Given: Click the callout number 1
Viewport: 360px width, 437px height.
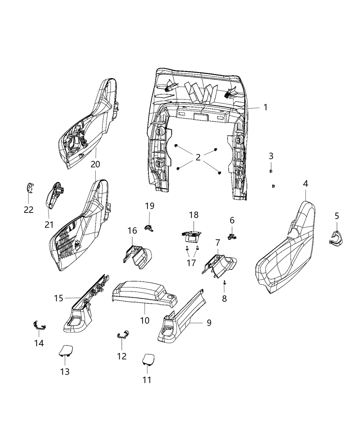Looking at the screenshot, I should [265, 107].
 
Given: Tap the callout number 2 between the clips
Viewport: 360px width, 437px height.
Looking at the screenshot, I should [198, 157].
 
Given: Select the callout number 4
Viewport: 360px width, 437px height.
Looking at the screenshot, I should [305, 184].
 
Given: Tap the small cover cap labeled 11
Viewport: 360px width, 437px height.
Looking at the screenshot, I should [147, 359].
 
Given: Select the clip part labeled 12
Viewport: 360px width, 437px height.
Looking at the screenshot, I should [123, 334].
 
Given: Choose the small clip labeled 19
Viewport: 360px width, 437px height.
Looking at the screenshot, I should [149, 227].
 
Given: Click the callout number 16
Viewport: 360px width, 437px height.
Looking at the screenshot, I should [132, 231].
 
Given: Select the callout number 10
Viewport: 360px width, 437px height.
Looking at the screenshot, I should [145, 320].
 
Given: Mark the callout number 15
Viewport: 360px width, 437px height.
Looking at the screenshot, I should [59, 298].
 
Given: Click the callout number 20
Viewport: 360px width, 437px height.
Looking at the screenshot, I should [95, 164].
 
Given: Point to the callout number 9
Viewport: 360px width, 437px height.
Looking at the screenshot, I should [209, 323].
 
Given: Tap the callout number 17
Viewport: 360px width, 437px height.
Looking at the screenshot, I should [191, 263].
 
